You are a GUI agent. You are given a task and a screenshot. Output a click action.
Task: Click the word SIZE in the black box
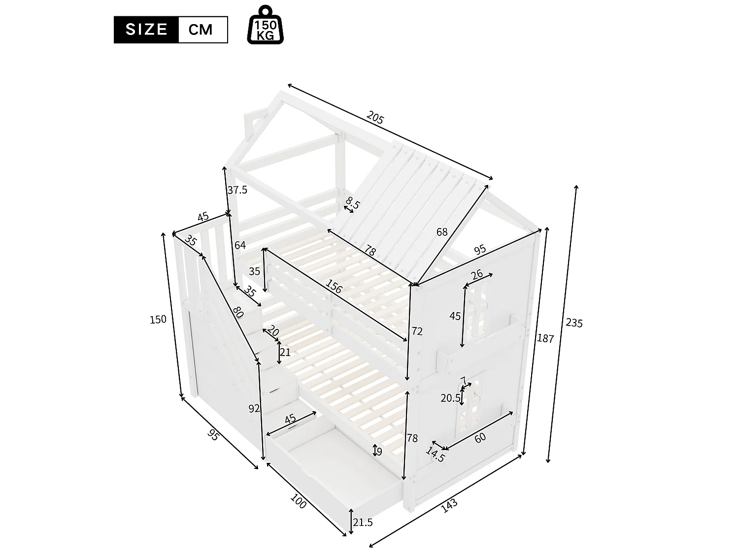click(146, 30)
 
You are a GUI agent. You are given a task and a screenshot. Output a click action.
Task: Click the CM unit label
click(201, 30)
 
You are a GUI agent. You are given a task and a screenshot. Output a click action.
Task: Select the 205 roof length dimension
click(375, 118)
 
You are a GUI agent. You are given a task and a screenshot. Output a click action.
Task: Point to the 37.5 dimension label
click(237, 190)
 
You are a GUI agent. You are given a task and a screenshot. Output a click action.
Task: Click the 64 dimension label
click(240, 245)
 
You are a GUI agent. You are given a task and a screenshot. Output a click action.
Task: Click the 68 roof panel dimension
click(441, 231)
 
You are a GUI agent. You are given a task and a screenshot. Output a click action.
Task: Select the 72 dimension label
click(417, 331)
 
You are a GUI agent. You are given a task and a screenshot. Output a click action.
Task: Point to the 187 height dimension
click(545, 338)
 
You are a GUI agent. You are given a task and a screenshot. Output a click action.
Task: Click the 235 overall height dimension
click(574, 323)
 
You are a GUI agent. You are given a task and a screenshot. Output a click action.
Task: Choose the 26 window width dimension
click(476, 275)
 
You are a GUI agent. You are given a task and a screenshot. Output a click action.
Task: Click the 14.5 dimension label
click(436, 455)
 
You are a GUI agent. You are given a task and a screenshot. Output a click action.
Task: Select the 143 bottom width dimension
click(449, 505)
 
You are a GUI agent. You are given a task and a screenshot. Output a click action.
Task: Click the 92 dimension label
click(254, 408)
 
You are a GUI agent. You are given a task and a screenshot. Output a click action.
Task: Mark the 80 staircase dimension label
click(238, 313)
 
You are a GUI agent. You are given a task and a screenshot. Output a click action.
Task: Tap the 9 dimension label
click(379, 451)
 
